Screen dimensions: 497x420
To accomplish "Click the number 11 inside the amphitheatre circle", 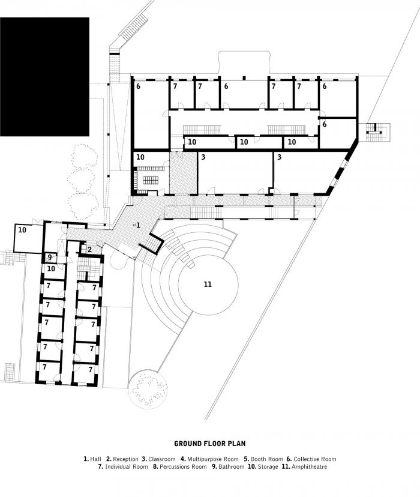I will pyautogui.click(x=208, y=284).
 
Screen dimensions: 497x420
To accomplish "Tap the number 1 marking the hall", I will pyautogui.click(x=138, y=225).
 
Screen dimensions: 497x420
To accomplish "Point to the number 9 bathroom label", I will pyautogui.click(x=50, y=258).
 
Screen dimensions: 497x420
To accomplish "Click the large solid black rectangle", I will pyautogui.click(x=44, y=77).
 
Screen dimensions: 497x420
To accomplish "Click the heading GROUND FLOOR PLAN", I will pyautogui.click(x=210, y=444).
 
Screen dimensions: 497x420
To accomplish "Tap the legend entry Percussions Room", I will pyautogui.click(x=182, y=466).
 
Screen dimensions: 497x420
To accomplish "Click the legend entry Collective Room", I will pyautogui.click(x=314, y=459).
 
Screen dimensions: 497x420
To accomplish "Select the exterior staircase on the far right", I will pyautogui.click(x=377, y=132).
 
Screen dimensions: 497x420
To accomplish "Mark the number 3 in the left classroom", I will pyautogui.click(x=203, y=157).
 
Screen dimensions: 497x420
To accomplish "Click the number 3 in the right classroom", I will pyautogui.click(x=279, y=157).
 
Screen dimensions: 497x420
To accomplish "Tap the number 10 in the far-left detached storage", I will pyautogui.click(x=22, y=230).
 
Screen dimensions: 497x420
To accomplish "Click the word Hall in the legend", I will pyautogui.click(x=95, y=459).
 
